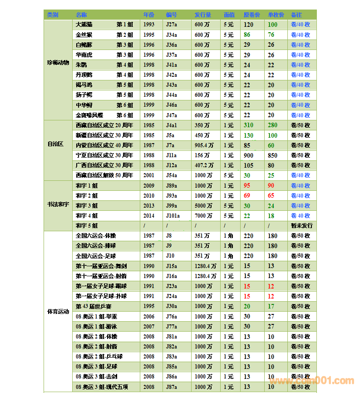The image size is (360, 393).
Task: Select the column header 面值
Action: click(229, 15)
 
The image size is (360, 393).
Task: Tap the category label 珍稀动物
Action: click(58, 63)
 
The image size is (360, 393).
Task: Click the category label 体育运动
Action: click(58, 312)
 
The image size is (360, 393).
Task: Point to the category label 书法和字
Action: click(58, 205)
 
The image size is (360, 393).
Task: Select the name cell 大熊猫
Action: click(84, 25)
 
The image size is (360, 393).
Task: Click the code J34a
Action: click(172, 35)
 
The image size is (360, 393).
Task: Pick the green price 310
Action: click(248, 125)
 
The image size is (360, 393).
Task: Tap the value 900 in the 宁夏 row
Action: click(248, 155)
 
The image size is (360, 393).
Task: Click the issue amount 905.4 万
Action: click(204, 145)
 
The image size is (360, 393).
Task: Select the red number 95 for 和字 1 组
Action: click(247, 185)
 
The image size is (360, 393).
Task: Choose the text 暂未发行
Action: click(301, 226)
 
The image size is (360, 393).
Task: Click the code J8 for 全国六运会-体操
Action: click(169, 236)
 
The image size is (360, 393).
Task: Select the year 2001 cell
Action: click(149, 175)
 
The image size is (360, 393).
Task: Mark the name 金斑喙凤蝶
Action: click(89, 115)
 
